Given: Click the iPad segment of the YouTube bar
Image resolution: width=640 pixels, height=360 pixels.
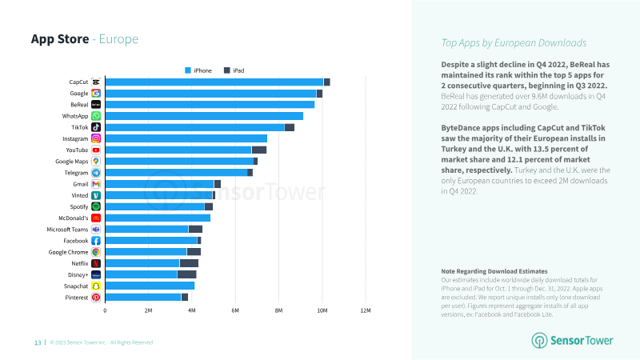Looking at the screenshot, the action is pos(259,150).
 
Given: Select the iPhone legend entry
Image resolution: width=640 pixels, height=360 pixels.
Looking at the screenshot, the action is pos(198,70).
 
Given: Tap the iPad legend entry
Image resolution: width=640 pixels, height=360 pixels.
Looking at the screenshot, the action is pos(234,70).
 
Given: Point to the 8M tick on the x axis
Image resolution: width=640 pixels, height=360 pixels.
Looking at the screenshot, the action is pos(278,310).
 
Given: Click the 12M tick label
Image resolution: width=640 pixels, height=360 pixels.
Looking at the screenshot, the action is pos(366,310).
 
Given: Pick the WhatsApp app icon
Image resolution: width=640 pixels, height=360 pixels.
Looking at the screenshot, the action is pos(96,116).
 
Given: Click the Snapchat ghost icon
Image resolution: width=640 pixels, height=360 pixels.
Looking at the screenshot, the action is pos(96,286).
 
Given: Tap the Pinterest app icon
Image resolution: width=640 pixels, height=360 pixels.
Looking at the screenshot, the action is pos(96,298).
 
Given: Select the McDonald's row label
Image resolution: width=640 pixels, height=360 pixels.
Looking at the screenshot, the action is pos(74,218).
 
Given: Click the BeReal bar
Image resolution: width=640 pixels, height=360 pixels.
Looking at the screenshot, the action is pos(210,105).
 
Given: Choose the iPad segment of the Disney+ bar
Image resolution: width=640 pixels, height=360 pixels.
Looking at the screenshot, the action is pos(187,274).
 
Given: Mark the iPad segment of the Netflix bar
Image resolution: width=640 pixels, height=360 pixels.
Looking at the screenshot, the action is pos(189,263).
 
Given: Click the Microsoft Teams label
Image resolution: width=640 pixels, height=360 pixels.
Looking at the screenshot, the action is pos(67,230).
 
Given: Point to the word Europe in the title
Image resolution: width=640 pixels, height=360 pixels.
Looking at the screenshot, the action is pos(118,39).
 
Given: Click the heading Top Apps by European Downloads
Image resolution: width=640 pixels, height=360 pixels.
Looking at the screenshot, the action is pos(514,43).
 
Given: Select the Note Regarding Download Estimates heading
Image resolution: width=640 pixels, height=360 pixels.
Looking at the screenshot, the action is pos(494,271).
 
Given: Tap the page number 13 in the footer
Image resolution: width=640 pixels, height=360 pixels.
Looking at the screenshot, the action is pos(38,342).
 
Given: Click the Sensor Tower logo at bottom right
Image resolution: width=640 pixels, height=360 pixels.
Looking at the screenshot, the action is pos(572,341).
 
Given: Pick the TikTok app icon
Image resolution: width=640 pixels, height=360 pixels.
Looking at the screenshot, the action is pos(96,127).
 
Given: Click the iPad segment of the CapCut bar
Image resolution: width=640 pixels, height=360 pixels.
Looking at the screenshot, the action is pos(327,82).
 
